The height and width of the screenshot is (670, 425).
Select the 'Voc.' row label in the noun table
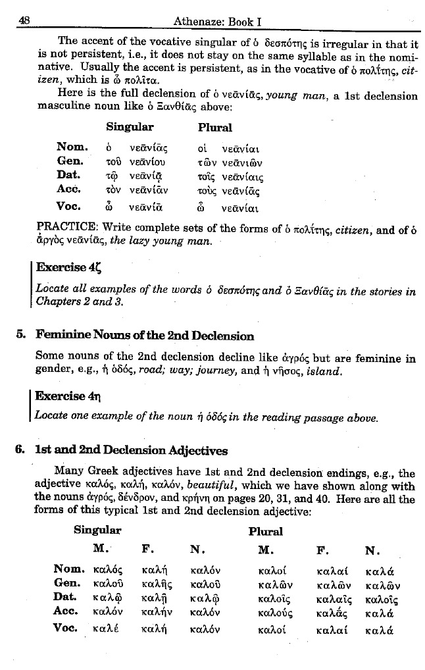[72, 205]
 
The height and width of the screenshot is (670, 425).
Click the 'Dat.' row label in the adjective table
[68, 596]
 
